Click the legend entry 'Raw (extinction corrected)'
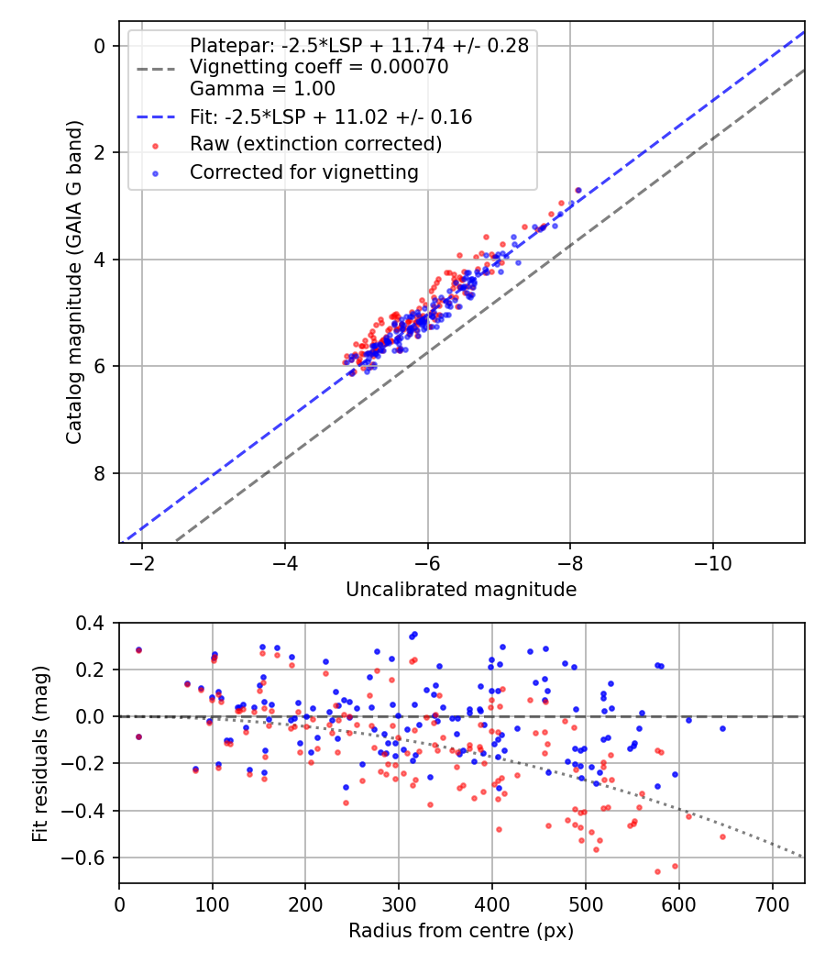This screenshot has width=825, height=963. coord(315,144)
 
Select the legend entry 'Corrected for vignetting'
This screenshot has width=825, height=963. coord(303,172)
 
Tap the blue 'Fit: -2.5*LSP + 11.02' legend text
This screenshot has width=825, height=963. coord(331,116)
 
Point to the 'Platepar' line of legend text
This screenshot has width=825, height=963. coord(358,46)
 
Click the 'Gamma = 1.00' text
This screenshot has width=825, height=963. coord(262,89)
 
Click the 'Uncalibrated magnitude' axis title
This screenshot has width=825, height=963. coord(461,590)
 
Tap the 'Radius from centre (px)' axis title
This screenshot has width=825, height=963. coord(461,931)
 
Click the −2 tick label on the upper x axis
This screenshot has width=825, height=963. coord(142,562)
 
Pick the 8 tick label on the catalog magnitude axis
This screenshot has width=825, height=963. coord(101,473)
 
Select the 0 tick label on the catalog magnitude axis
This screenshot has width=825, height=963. coord(101,46)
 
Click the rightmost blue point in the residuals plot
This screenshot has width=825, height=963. coord(722,728)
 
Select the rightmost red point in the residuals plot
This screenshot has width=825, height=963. coord(722,836)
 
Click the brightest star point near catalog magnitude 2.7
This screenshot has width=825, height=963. coord(577,190)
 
